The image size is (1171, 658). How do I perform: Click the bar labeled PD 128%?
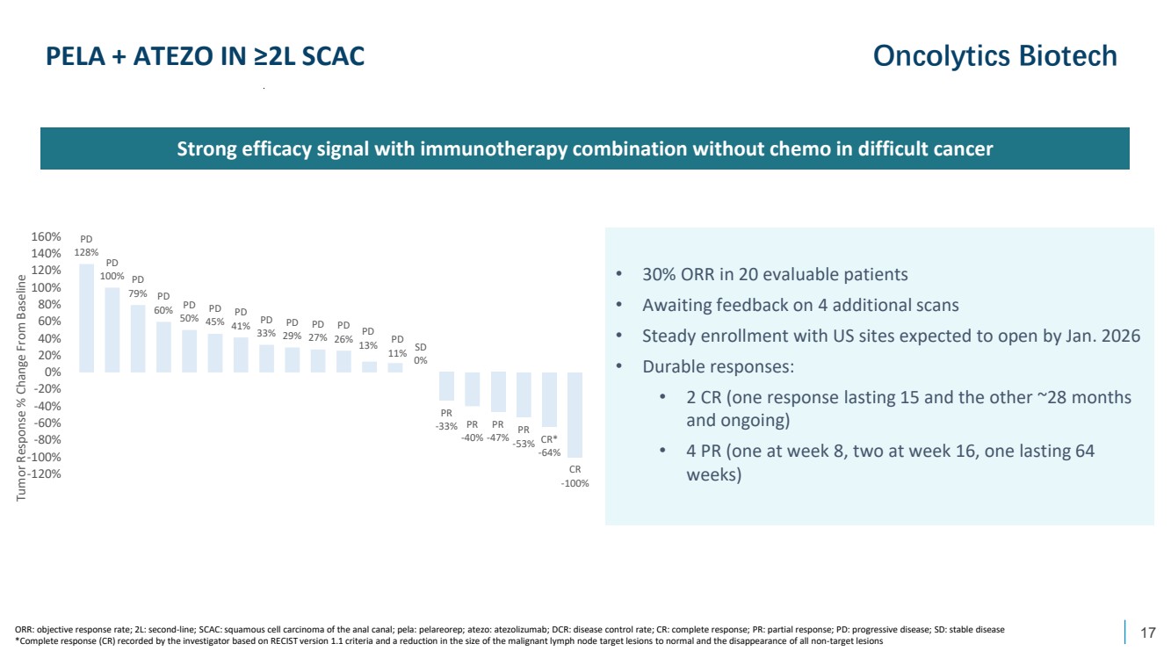[x=86, y=318]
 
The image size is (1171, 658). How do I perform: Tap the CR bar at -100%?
[x=575, y=414]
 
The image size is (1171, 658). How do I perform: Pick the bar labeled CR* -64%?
[x=550, y=399]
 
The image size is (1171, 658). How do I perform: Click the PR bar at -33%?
[x=446, y=386]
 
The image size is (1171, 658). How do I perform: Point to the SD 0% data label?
[x=422, y=353]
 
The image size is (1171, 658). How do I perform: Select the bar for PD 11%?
[x=395, y=367]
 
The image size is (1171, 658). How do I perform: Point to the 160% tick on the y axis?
[x=46, y=237]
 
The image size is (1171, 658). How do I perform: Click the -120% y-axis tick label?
[x=44, y=474]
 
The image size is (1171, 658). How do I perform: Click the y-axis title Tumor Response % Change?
[x=20, y=387]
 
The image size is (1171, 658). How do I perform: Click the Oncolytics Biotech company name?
[x=994, y=56]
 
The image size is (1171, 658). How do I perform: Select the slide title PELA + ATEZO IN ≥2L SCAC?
[x=206, y=57]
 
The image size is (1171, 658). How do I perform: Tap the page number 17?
[x=1147, y=633]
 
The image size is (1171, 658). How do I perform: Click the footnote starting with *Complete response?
[x=448, y=642]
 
